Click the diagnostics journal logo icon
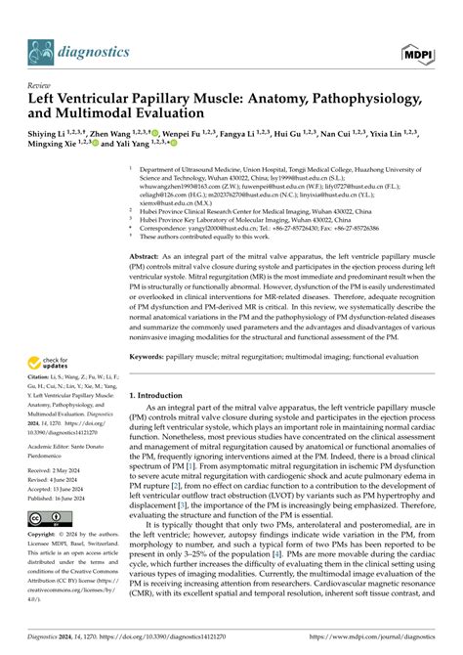coord(40,49)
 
